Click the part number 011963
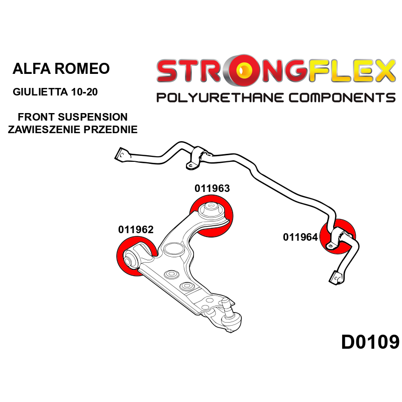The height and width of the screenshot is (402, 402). pyautogui.click(x=212, y=188)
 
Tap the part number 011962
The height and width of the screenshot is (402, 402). pyautogui.click(x=136, y=230)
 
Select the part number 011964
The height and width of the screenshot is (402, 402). pyautogui.click(x=300, y=237)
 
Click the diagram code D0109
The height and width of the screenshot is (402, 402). pyautogui.click(x=370, y=342)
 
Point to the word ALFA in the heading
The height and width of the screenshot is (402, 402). pyautogui.click(x=31, y=69)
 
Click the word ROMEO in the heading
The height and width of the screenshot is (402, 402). pyautogui.click(x=82, y=69)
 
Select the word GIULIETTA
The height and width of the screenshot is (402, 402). pyautogui.click(x=40, y=92)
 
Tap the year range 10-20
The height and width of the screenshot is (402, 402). pyautogui.click(x=84, y=92)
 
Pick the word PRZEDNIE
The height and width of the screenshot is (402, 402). pyautogui.click(x=111, y=130)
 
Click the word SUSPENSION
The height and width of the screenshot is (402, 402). pyautogui.click(x=92, y=117)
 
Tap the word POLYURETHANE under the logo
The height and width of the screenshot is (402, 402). pyautogui.click(x=221, y=97)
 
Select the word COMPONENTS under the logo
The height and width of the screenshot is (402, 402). pyautogui.click(x=342, y=97)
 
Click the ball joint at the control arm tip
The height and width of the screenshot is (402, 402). pyautogui.click(x=230, y=318)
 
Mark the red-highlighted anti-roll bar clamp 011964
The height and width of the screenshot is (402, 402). pyautogui.click(x=337, y=237)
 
